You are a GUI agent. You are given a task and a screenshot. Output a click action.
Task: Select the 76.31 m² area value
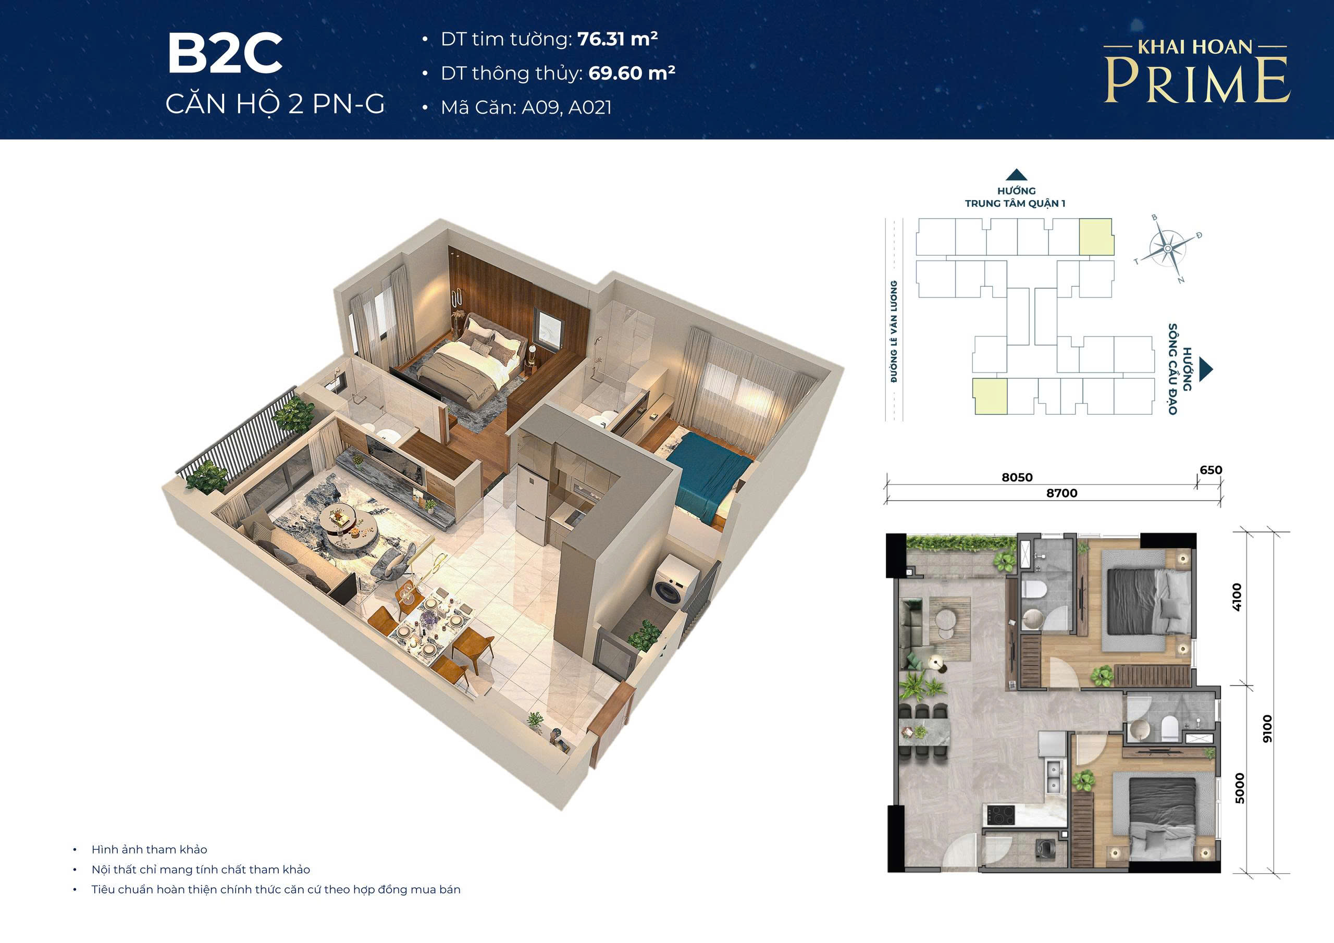(x=617, y=39)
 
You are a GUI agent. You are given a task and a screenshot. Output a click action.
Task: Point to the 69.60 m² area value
(x=632, y=73)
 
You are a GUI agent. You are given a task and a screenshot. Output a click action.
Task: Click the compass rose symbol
(x=1168, y=249)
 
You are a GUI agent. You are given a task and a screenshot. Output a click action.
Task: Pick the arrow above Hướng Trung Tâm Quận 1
(x=1016, y=175)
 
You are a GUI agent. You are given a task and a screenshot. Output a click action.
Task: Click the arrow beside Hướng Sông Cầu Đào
(x=1207, y=368)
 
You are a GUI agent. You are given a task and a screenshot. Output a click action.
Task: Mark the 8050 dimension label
(x=1017, y=478)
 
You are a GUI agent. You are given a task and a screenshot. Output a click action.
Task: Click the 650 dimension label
(x=1211, y=470)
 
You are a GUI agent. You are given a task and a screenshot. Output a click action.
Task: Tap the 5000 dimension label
(x=1239, y=788)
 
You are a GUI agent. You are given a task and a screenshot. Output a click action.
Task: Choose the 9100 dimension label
(x=1267, y=728)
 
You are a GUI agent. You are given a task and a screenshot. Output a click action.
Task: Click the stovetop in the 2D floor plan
(x=1003, y=813)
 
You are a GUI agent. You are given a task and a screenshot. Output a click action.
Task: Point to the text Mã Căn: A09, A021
(x=526, y=107)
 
